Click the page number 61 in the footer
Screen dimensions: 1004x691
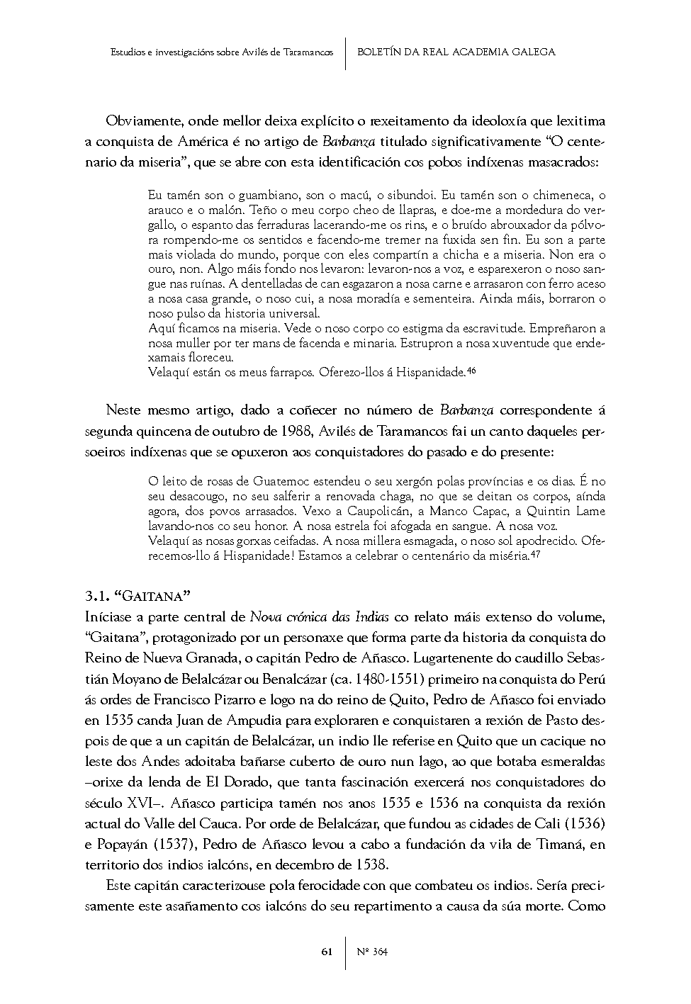click(327, 952)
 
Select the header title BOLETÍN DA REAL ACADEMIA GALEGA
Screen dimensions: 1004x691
click(456, 52)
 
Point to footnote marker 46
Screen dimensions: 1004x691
click(471, 368)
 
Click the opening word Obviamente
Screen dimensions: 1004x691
click(139, 121)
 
